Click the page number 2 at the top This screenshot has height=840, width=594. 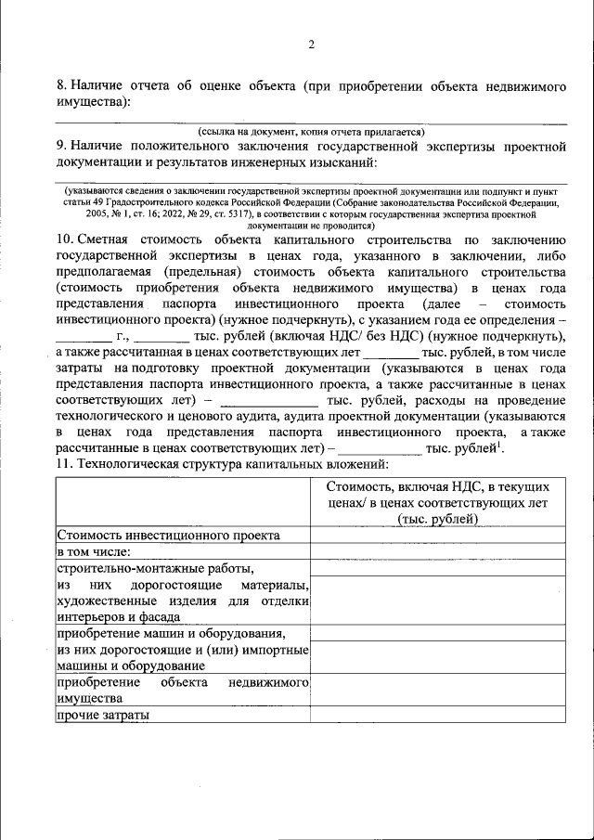(x=312, y=45)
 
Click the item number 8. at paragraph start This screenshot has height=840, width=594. (x=61, y=86)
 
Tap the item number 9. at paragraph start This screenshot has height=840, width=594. (x=61, y=146)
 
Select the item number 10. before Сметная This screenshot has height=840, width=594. (x=65, y=239)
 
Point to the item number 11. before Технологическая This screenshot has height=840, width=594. (x=65, y=463)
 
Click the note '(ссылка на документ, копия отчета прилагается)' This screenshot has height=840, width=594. (x=311, y=133)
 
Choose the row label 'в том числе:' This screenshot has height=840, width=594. (x=97, y=551)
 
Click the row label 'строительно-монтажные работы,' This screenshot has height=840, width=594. (x=155, y=567)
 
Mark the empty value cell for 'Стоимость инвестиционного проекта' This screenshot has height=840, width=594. (x=438, y=536)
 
